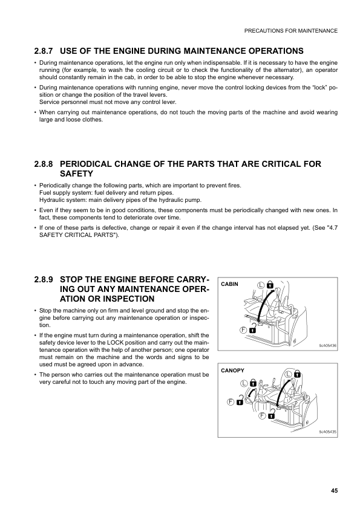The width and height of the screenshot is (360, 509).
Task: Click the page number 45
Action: (334, 490)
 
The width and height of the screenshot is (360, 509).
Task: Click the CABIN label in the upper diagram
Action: (230, 284)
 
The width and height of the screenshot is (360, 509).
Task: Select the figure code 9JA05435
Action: (327, 432)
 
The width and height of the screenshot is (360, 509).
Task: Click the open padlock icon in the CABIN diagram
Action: (252, 330)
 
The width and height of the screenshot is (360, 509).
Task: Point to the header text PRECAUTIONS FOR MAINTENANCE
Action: (290, 30)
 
